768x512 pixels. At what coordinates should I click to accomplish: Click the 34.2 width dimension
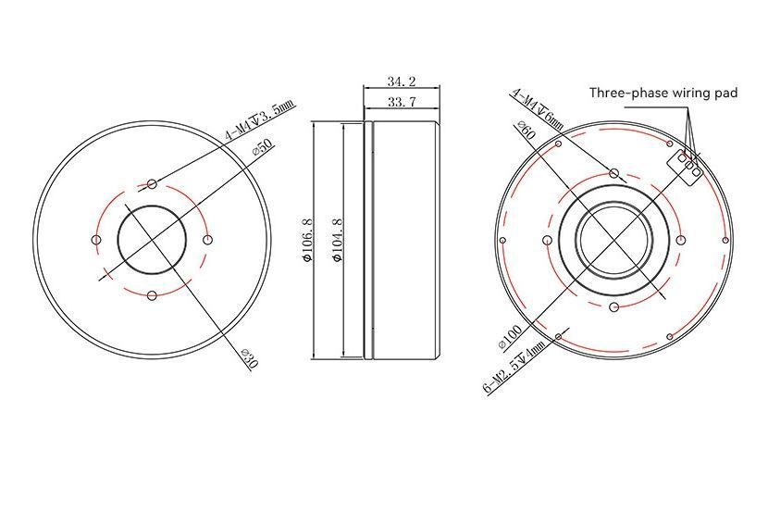click(402, 81)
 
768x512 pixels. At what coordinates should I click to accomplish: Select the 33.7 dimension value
click(402, 102)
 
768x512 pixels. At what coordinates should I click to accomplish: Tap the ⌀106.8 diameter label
click(307, 240)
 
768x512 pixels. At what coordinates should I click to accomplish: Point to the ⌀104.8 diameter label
click(338, 240)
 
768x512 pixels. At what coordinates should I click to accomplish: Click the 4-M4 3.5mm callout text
click(260, 120)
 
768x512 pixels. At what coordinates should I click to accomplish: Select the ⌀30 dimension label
click(249, 358)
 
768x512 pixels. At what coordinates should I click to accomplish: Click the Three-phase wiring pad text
click(663, 93)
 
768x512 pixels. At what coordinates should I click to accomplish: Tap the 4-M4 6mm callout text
click(538, 109)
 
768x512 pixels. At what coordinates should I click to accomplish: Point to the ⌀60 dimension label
click(525, 131)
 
